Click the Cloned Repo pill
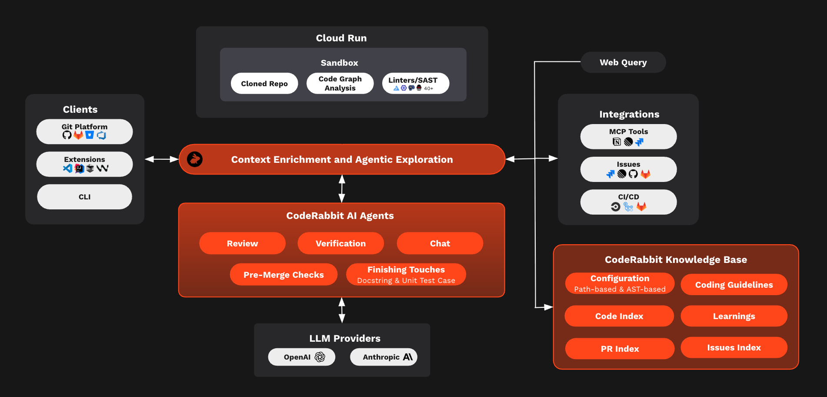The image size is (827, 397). pyautogui.click(x=264, y=84)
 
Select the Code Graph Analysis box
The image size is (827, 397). pyautogui.click(x=340, y=84)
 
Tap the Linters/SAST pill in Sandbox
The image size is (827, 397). pyautogui.click(x=415, y=84)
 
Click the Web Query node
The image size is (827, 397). pyautogui.click(x=623, y=62)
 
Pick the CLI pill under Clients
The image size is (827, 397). pyautogui.click(x=84, y=197)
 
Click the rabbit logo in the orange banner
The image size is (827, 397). pyautogui.click(x=195, y=159)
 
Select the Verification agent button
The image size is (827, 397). pyautogui.click(x=340, y=243)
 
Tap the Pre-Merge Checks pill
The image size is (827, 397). pyautogui.click(x=283, y=275)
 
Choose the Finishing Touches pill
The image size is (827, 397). pyautogui.click(x=406, y=275)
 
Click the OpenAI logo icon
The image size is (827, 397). pyautogui.click(x=320, y=357)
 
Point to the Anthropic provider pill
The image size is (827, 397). pyautogui.click(x=383, y=357)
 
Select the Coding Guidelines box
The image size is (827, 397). pyautogui.click(x=734, y=285)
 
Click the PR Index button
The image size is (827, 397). pyautogui.click(x=620, y=349)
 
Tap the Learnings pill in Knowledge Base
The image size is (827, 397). pyautogui.click(x=734, y=316)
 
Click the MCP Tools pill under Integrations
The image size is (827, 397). pyautogui.click(x=628, y=137)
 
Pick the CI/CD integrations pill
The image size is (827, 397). pyautogui.click(x=628, y=202)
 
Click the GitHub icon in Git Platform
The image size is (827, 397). pyautogui.click(x=67, y=135)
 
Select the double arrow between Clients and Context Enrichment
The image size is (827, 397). pyautogui.click(x=162, y=159)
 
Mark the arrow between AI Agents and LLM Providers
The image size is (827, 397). pyautogui.click(x=342, y=310)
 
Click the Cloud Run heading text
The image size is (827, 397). pyautogui.click(x=341, y=38)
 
